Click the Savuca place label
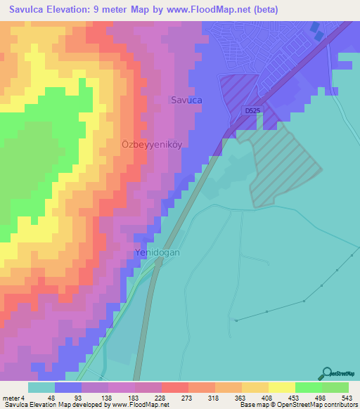(x=186, y=100)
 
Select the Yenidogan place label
(x=159, y=252)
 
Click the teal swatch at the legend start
(x=41, y=388)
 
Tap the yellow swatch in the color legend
(x=282, y=388)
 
